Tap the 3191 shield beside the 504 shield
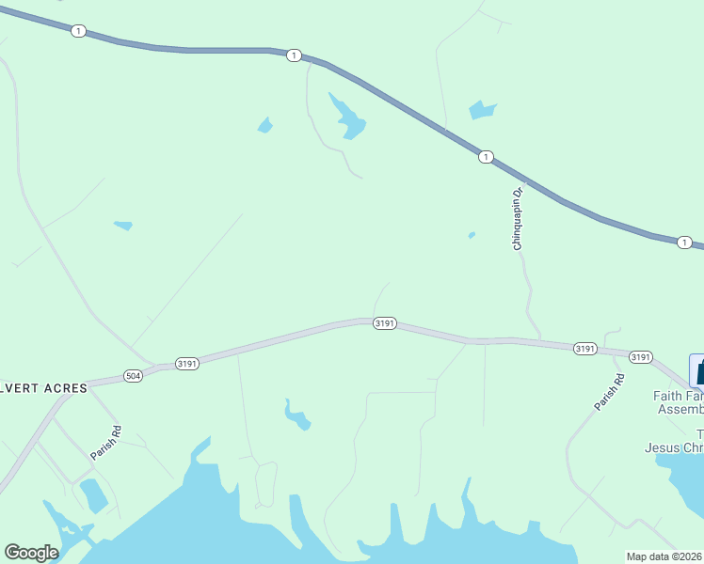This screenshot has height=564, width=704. [x=186, y=363]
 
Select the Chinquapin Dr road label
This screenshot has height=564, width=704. [x=517, y=218]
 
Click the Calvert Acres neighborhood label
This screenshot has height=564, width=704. [x=43, y=387]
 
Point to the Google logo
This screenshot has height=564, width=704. [x=31, y=553]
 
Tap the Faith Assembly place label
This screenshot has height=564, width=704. [x=679, y=402]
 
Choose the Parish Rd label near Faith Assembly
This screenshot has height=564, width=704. [x=609, y=392]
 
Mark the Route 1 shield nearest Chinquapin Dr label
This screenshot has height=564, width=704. [x=485, y=156]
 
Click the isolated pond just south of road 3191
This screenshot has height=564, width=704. [x=297, y=415]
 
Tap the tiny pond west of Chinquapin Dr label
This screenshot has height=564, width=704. [x=472, y=235]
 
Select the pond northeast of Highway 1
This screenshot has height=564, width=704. [x=482, y=110]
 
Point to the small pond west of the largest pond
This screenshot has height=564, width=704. [x=265, y=125]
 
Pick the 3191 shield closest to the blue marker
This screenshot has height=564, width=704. [x=640, y=357]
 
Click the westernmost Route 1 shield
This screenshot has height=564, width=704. [x=78, y=31]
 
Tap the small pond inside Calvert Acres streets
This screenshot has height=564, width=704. [x=93, y=494]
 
